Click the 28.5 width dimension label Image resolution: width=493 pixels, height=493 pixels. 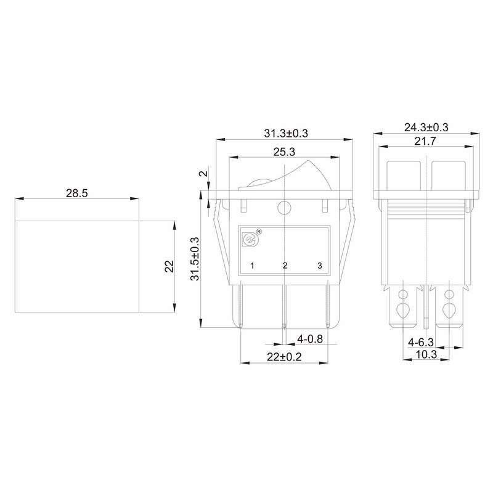coord(76,193)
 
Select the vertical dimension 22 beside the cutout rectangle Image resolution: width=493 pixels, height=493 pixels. coord(169,266)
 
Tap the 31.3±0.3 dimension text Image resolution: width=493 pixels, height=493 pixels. coord(286,133)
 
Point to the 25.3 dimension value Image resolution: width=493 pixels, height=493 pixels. coord(284,152)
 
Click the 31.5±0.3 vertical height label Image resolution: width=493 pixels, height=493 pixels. coord(195,259)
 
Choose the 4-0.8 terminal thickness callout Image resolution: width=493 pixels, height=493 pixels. coord(310,339)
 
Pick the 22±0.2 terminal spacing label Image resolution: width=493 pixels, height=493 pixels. coord(284,357)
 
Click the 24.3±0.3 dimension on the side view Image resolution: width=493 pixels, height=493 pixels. coord(426,128)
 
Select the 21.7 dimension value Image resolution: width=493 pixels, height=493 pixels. coord(425,141)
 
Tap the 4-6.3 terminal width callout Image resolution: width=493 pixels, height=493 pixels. coord(421,342)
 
